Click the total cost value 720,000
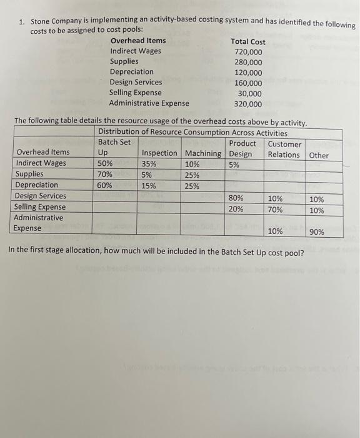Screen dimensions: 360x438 (248, 52)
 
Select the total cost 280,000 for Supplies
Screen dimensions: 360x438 (248, 62)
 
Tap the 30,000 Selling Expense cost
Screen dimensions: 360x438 (250, 93)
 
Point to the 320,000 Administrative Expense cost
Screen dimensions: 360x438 (248, 104)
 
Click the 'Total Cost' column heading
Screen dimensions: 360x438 (248, 41)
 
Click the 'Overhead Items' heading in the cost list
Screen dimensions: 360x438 (138, 41)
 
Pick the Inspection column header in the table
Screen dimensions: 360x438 (159, 154)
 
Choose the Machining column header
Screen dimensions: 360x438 (203, 154)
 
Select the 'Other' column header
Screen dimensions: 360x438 (318, 155)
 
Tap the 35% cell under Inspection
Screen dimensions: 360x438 (149, 164)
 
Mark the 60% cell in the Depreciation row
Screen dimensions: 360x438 (106, 185)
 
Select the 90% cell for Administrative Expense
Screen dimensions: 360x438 (317, 232)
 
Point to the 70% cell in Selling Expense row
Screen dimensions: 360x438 (275, 210)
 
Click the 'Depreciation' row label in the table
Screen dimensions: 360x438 (36, 185)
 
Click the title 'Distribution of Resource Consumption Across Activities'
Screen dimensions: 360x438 (192, 133)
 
